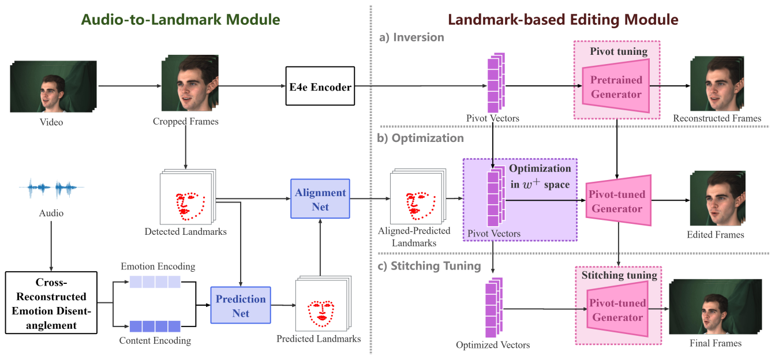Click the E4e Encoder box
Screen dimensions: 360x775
click(x=320, y=87)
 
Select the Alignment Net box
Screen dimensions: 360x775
click(x=320, y=199)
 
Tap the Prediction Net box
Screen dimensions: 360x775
click(x=241, y=306)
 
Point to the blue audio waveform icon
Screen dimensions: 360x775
click(x=51, y=189)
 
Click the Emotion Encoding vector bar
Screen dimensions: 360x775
click(x=155, y=282)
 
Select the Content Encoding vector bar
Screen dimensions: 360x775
click(x=155, y=326)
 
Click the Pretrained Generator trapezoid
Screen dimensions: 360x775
click(x=616, y=87)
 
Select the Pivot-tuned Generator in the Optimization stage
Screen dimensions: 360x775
click(x=617, y=201)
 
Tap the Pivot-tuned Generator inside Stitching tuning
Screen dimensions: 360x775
click(x=617, y=310)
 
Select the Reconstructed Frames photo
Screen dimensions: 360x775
click(x=717, y=84)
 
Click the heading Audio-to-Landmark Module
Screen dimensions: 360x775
click(x=180, y=20)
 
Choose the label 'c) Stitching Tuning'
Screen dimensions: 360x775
click(x=429, y=266)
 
